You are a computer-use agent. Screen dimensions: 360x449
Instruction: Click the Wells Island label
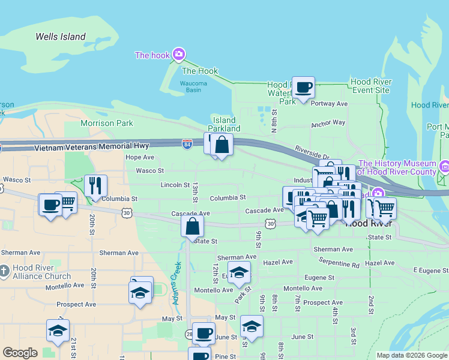pyautogui.click(x=60, y=37)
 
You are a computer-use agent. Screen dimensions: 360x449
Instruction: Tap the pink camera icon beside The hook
pyautogui.click(x=178, y=55)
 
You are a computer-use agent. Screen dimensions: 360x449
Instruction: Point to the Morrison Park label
pyautogui.click(x=107, y=123)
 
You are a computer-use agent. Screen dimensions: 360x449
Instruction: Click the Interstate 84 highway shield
pyautogui.click(x=187, y=144)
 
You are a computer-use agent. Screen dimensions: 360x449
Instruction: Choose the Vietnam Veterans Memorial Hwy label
pyautogui.click(x=92, y=147)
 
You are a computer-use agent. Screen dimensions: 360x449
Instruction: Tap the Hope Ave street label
pyautogui.click(x=140, y=157)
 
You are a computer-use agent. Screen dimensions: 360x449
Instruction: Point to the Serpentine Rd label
pyautogui.click(x=339, y=265)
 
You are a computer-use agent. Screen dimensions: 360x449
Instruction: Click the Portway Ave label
pyautogui.click(x=330, y=104)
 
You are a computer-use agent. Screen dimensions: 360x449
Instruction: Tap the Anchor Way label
pyautogui.click(x=328, y=123)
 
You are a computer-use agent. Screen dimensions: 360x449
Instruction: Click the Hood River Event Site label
pyautogui.click(x=370, y=86)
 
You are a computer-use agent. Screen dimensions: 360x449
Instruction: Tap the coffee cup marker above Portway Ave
pyautogui.click(x=303, y=87)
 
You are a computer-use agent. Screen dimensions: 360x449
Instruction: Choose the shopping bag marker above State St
pyautogui.click(x=193, y=227)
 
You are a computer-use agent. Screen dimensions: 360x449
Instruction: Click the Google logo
pyautogui.click(x=20, y=353)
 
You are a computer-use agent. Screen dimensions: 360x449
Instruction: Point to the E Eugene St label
pyautogui.click(x=430, y=271)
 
